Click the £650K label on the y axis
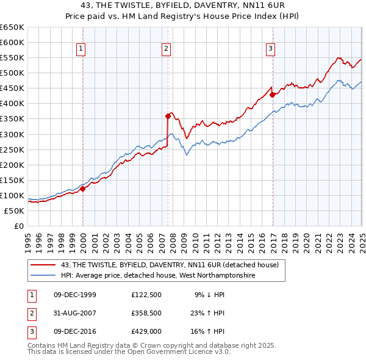click(12, 27)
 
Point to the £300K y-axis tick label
click(12, 134)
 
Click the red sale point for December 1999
click(83, 189)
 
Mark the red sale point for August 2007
click(168, 115)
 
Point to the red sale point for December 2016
click(272, 95)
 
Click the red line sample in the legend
click(43, 265)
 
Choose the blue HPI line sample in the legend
click(43, 276)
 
